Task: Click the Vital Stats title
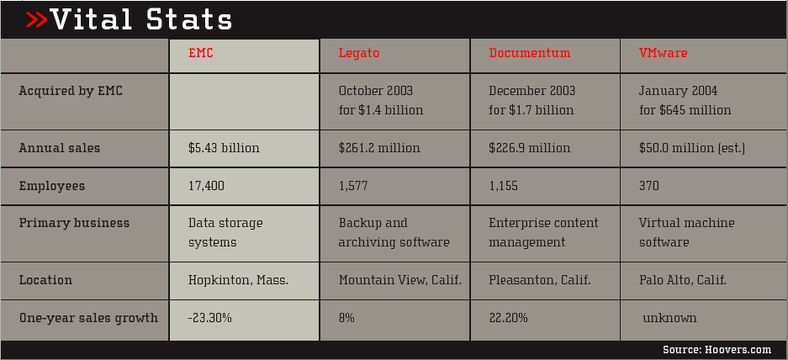click(x=141, y=19)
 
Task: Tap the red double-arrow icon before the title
click(x=36, y=19)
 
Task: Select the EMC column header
click(x=201, y=53)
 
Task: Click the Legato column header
click(x=359, y=53)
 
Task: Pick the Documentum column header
click(x=530, y=53)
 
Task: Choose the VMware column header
click(x=663, y=53)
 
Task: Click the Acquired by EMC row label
click(x=71, y=91)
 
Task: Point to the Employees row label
click(x=52, y=186)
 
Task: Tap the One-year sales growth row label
click(x=88, y=318)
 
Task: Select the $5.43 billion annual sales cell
click(x=224, y=148)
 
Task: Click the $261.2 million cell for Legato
click(x=379, y=148)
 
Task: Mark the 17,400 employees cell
click(x=207, y=186)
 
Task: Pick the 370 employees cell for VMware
click(x=649, y=186)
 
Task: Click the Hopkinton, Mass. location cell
click(x=238, y=280)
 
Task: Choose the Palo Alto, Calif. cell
click(x=683, y=280)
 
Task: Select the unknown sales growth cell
click(x=669, y=318)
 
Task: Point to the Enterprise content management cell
click(x=543, y=232)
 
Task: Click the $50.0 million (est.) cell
click(x=692, y=148)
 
